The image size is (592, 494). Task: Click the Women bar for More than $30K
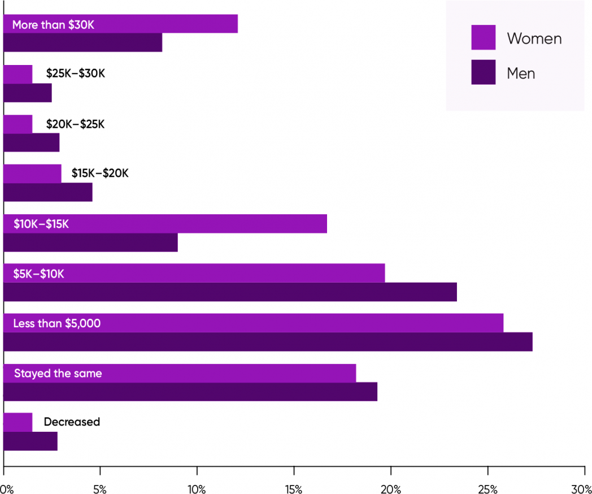(169, 24)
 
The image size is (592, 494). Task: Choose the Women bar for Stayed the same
(226, 373)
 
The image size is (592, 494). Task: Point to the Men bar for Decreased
(31, 441)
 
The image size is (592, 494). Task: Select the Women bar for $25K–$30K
(18, 74)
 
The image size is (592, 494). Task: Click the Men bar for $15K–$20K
(47, 192)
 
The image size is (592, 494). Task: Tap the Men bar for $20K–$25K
(31, 142)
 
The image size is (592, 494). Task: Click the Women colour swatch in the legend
(483, 37)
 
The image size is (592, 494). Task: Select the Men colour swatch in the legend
(483, 72)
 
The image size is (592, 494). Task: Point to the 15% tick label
(294, 487)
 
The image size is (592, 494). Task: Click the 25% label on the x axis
(487, 487)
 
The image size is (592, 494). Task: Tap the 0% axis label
(7, 487)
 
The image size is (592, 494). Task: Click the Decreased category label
(72, 422)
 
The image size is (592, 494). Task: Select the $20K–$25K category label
(75, 124)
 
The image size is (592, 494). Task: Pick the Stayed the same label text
(58, 373)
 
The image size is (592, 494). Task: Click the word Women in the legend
(534, 38)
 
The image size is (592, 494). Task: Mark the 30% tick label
(582, 487)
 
